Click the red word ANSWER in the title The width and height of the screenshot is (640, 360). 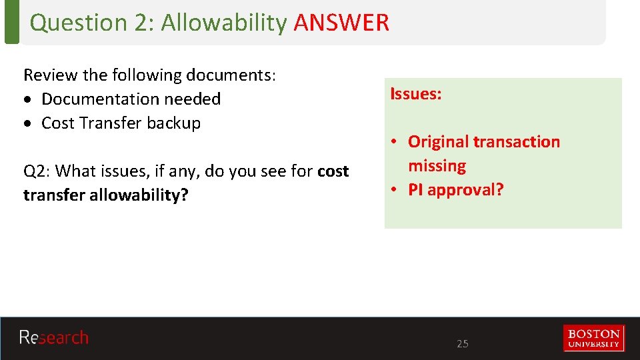pyautogui.click(x=341, y=23)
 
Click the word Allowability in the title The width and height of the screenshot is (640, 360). pyautogui.click(x=223, y=23)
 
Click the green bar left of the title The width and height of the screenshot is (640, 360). pyautogui.click(x=11, y=22)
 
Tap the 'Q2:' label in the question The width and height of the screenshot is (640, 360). pyautogui.click(x=37, y=171)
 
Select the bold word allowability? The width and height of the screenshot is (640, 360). pyautogui.click(x=140, y=195)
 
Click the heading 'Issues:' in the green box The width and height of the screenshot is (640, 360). pyautogui.click(x=415, y=94)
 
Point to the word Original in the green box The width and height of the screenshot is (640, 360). pyautogui.click(x=438, y=141)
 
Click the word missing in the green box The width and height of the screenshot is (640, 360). pyautogui.click(x=437, y=165)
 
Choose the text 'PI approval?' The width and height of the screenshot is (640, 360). pyautogui.click(x=455, y=189)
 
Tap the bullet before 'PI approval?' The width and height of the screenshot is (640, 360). pyautogui.click(x=395, y=189)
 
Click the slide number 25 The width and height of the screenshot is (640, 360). pyautogui.click(x=462, y=344)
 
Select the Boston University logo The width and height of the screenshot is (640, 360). pyautogui.click(x=593, y=337)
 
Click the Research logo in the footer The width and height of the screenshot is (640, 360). pyautogui.click(x=53, y=337)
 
